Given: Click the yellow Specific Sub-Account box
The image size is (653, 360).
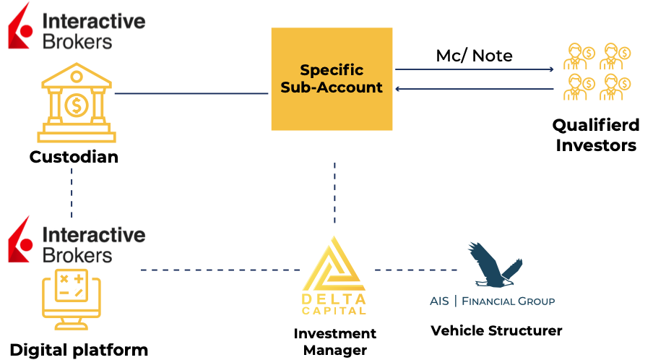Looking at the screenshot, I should (x=332, y=79).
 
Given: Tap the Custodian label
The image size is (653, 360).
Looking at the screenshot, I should (x=74, y=156).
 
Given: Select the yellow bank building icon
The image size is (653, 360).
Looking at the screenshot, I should (x=76, y=103).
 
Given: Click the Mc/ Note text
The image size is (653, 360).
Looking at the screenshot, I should (x=474, y=56).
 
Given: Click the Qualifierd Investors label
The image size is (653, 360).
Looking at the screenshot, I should (x=594, y=135).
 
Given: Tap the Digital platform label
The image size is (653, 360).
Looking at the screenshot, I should (x=79, y=350).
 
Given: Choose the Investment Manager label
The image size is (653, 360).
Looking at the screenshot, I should (x=334, y=341).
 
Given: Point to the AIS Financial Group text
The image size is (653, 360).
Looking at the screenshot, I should (x=492, y=301).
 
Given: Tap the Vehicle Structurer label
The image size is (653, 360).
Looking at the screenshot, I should (x=496, y=331).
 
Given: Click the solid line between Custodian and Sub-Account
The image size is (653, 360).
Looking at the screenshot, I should (x=191, y=93).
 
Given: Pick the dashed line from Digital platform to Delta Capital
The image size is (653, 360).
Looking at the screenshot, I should (x=220, y=270).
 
